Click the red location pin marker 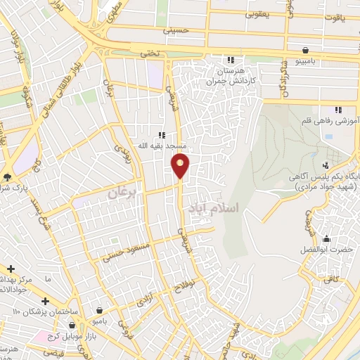(x=180, y=165)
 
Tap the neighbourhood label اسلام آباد (x=214, y=208)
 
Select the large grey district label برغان (x=125, y=191)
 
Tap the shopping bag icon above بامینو (x=305, y=50)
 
